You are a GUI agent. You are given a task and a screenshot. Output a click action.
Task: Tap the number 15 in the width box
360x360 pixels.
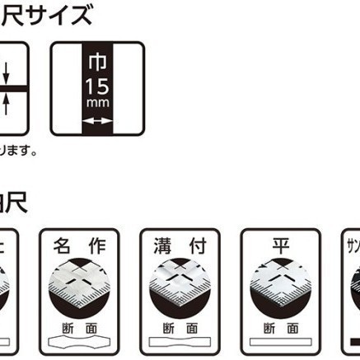coord(99,86)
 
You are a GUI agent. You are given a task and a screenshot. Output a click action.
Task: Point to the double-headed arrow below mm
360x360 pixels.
coord(99,121)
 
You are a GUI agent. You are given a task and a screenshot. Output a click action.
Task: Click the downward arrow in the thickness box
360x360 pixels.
coord(7,73)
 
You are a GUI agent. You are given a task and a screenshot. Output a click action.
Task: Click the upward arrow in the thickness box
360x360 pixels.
coord(7,102)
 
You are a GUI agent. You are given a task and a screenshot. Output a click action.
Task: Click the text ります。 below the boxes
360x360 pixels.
coord(18,152)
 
